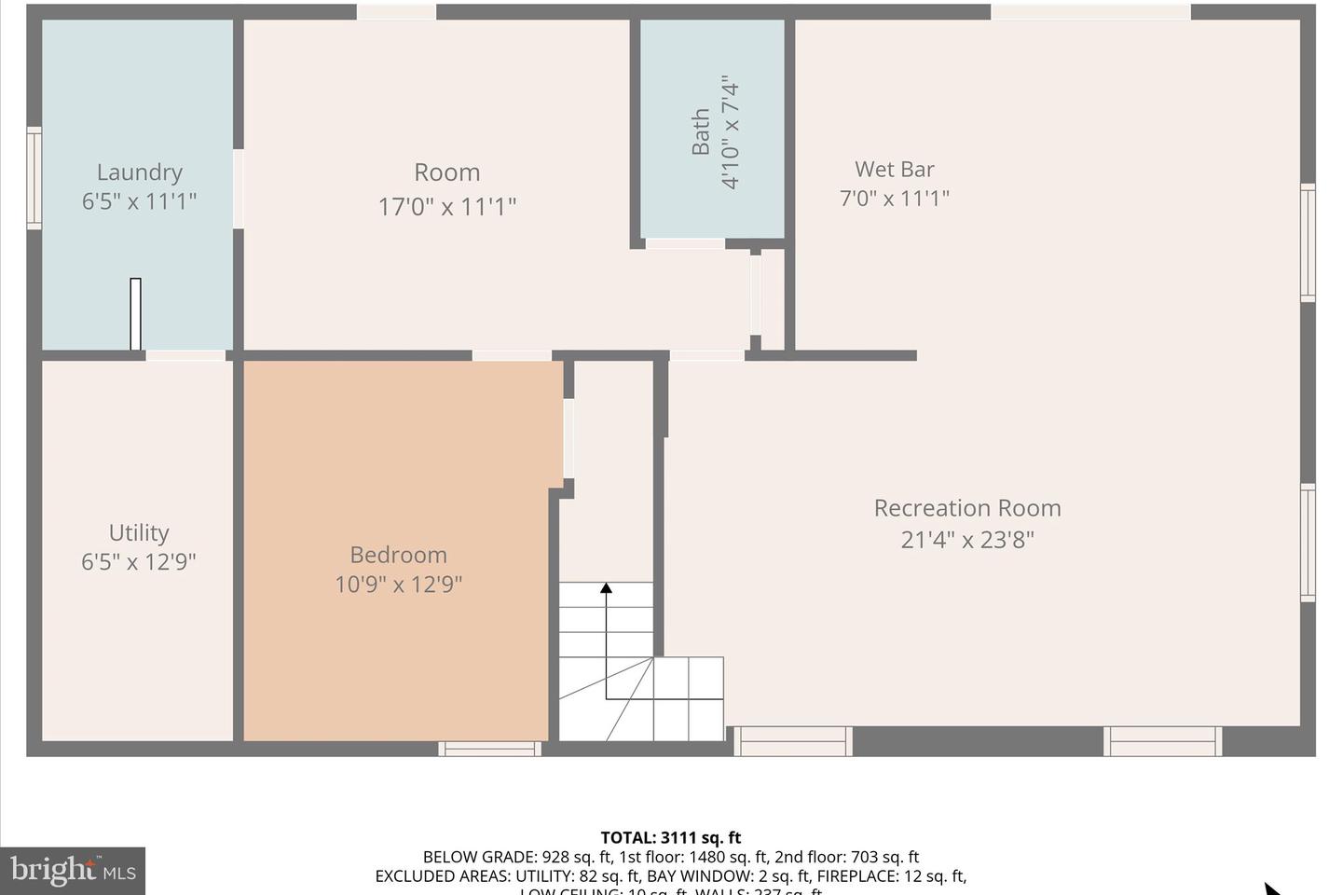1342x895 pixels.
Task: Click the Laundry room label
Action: (139, 172)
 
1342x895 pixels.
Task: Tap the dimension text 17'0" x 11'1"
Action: (446, 206)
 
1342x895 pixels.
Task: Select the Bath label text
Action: (701, 131)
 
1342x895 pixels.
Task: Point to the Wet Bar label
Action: (894, 169)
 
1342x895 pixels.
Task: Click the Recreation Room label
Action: (966, 508)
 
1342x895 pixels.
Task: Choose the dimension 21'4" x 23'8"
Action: (966, 540)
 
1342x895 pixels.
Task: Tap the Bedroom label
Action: (398, 555)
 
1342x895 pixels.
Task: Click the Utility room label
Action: (139, 532)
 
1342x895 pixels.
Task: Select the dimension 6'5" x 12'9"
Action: (139, 562)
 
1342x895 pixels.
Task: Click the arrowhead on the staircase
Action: (606, 587)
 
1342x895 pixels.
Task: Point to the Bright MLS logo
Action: (73, 871)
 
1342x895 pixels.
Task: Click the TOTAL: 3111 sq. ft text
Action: (670, 837)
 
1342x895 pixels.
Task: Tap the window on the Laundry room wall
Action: (34, 177)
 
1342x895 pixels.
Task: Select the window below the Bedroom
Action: (489, 749)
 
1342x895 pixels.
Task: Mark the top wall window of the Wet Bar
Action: (1089, 11)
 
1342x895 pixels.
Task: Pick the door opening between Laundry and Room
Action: (238, 188)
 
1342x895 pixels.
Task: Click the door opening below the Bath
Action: (685, 244)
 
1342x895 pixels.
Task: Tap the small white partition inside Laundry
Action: (135, 314)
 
